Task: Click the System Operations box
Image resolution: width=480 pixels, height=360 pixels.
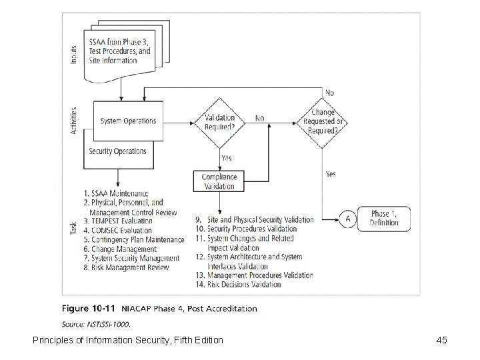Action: pyautogui.click(x=128, y=121)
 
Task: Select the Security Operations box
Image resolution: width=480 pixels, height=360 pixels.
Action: pyautogui.click(x=118, y=151)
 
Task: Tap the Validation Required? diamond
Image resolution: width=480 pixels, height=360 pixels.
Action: pyautogui.click(x=219, y=122)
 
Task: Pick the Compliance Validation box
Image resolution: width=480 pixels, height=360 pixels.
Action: pyautogui.click(x=219, y=181)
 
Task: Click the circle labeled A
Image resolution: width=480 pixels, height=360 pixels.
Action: pyautogui.click(x=347, y=218)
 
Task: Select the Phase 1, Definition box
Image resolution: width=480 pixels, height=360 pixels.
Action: pyautogui.click(x=384, y=218)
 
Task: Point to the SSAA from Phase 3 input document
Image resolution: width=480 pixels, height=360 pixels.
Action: pyautogui.click(x=119, y=51)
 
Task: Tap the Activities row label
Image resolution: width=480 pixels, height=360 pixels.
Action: pyautogui.click(x=74, y=121)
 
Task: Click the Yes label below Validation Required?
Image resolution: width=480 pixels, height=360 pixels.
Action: pyautogui.click(x=226, y=159)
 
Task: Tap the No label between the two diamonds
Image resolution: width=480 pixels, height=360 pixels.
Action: pyautogui.click(x=259, y=118)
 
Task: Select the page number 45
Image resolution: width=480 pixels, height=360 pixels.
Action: pyautogui.click(x=441, y=341)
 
